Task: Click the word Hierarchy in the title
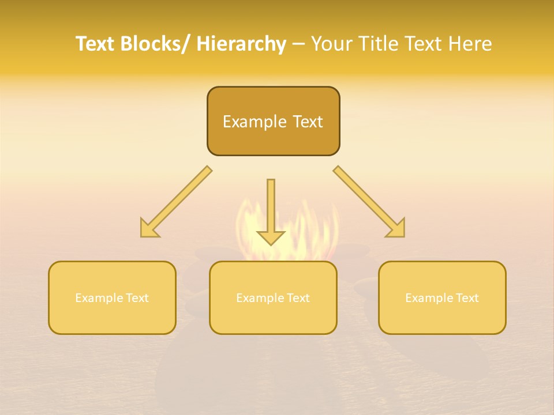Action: pyautogui.click(x=241, y=44)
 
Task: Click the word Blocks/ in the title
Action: pyautogui.click(x=156, y=44)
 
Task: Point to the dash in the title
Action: pyautogui.click(x=298, y=44)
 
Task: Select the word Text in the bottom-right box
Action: pyautogui.click(x=467, y=298)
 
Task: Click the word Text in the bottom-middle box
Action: pyautogui.click(x=298, y=298)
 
